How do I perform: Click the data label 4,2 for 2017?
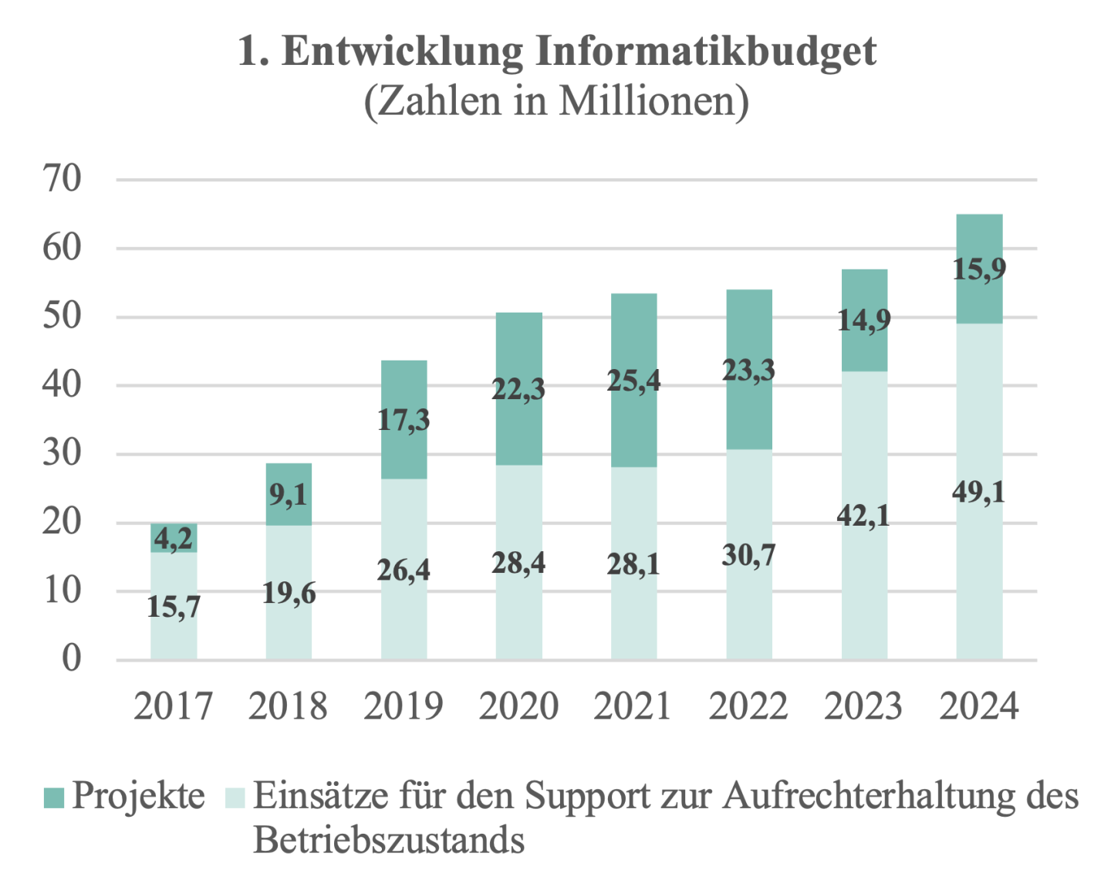[173, 538]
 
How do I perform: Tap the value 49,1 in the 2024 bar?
[979, 492]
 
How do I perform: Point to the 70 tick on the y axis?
[62, 179]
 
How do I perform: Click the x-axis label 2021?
[633, 706]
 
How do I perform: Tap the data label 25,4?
[633, 381]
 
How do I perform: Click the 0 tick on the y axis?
[71, 659]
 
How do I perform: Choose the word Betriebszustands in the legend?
[389, 840]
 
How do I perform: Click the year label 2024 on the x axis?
[978, 706]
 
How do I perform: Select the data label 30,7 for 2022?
[748, 555]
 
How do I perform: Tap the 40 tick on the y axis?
[62, 384]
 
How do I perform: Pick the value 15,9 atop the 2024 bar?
[979, 269]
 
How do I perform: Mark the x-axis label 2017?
[173, 706]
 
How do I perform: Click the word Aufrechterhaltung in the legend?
[869, 797]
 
